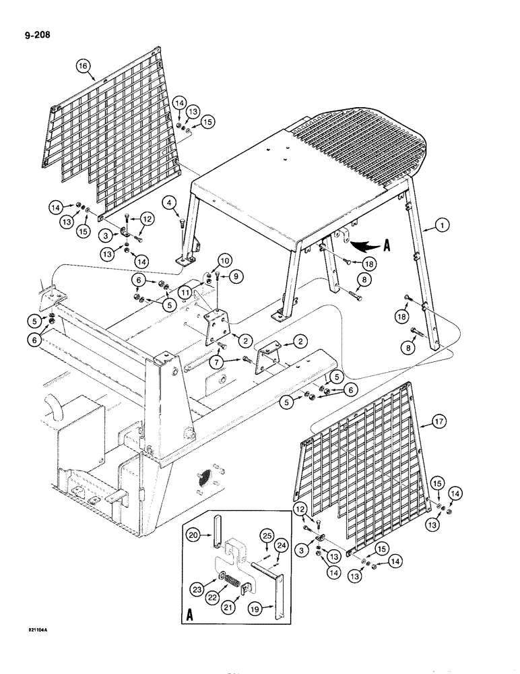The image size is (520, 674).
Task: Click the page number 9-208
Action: pyautogui.click(x=31, y=31)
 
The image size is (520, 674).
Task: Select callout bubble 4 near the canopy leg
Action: pyautogui.click(x=169, y=202)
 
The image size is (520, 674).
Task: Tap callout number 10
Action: pyautogui.click(x=225, y=259)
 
